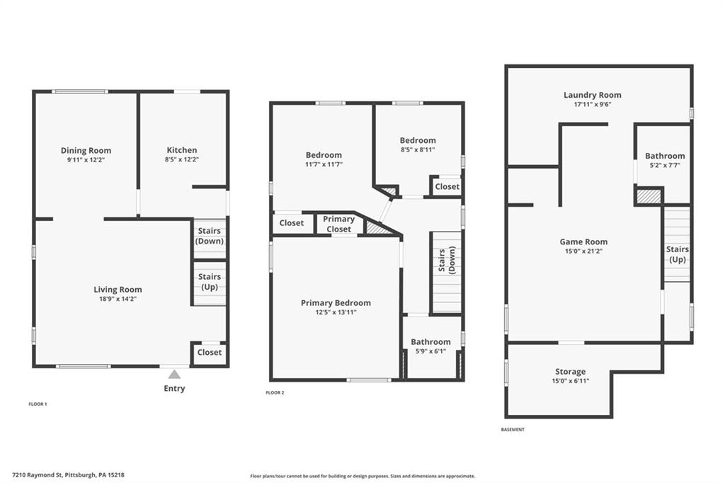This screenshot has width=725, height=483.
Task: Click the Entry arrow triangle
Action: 174,374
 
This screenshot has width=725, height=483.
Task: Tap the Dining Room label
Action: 86,150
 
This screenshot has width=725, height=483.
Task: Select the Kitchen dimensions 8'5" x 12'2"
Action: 182,160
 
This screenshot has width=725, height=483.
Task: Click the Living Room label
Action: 118,289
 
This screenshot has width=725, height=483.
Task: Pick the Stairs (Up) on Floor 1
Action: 209,282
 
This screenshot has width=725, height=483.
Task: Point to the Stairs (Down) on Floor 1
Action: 209,236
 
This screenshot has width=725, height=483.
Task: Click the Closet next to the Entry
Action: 209,352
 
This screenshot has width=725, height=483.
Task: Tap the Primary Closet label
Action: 338,224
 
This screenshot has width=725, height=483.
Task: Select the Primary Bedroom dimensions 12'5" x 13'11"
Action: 336,312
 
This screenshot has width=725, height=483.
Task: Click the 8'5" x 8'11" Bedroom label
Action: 418,140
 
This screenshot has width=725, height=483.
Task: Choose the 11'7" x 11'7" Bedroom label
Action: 324,155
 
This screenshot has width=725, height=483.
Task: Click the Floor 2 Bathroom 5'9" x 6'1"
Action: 430,342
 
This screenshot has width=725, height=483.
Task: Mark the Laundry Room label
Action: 592,95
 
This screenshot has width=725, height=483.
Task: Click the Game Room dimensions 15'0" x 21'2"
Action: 583,251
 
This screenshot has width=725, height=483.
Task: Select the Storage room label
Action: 570,371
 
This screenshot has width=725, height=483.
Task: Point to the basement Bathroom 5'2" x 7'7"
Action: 664,156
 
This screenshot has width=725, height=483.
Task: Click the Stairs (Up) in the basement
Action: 677,254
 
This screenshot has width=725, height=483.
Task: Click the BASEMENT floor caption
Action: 513,430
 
